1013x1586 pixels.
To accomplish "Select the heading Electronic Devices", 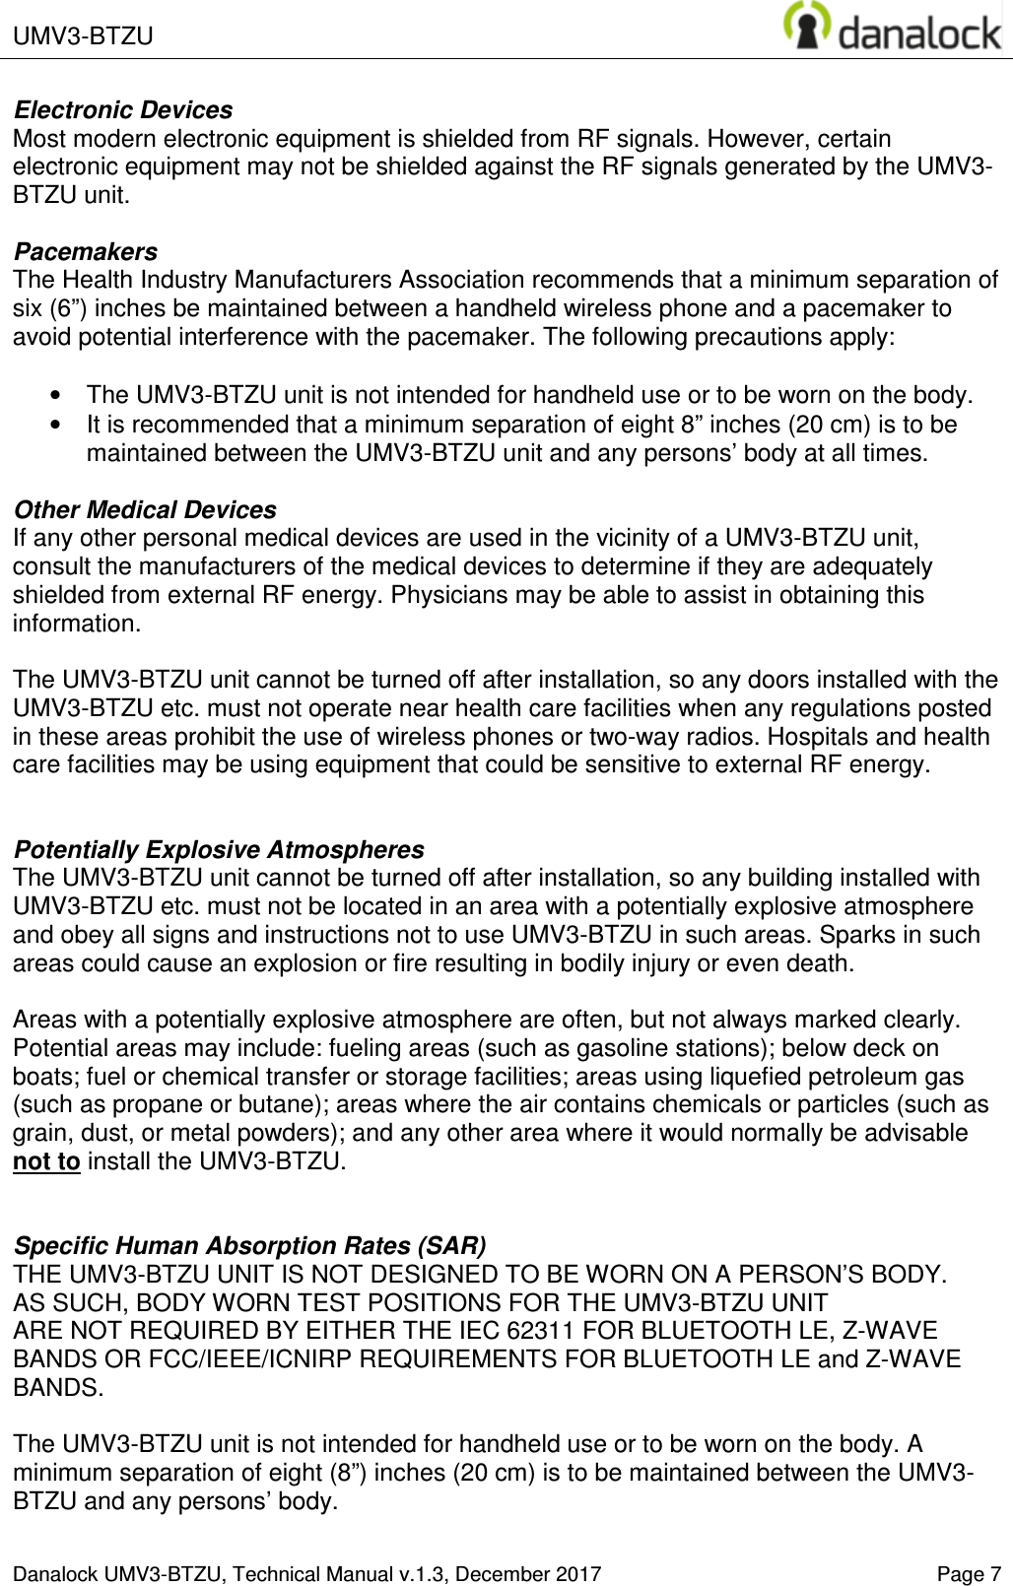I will pyautogui.click(x=123, y=109).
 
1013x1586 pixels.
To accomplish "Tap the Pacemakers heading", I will pyautogui.click(x=85, y=252).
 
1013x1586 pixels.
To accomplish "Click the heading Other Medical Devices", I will pyautogui.click(x=144, y=510).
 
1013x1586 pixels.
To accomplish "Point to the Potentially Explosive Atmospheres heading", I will pyautogui.click(x=220, y=850).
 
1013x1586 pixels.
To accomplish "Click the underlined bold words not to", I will pyautogui.click(x=46, y=1162).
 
